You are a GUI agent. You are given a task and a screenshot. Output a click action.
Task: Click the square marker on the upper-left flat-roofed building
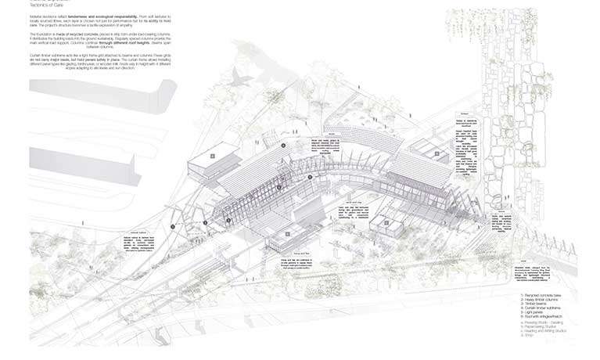(212, 156)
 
